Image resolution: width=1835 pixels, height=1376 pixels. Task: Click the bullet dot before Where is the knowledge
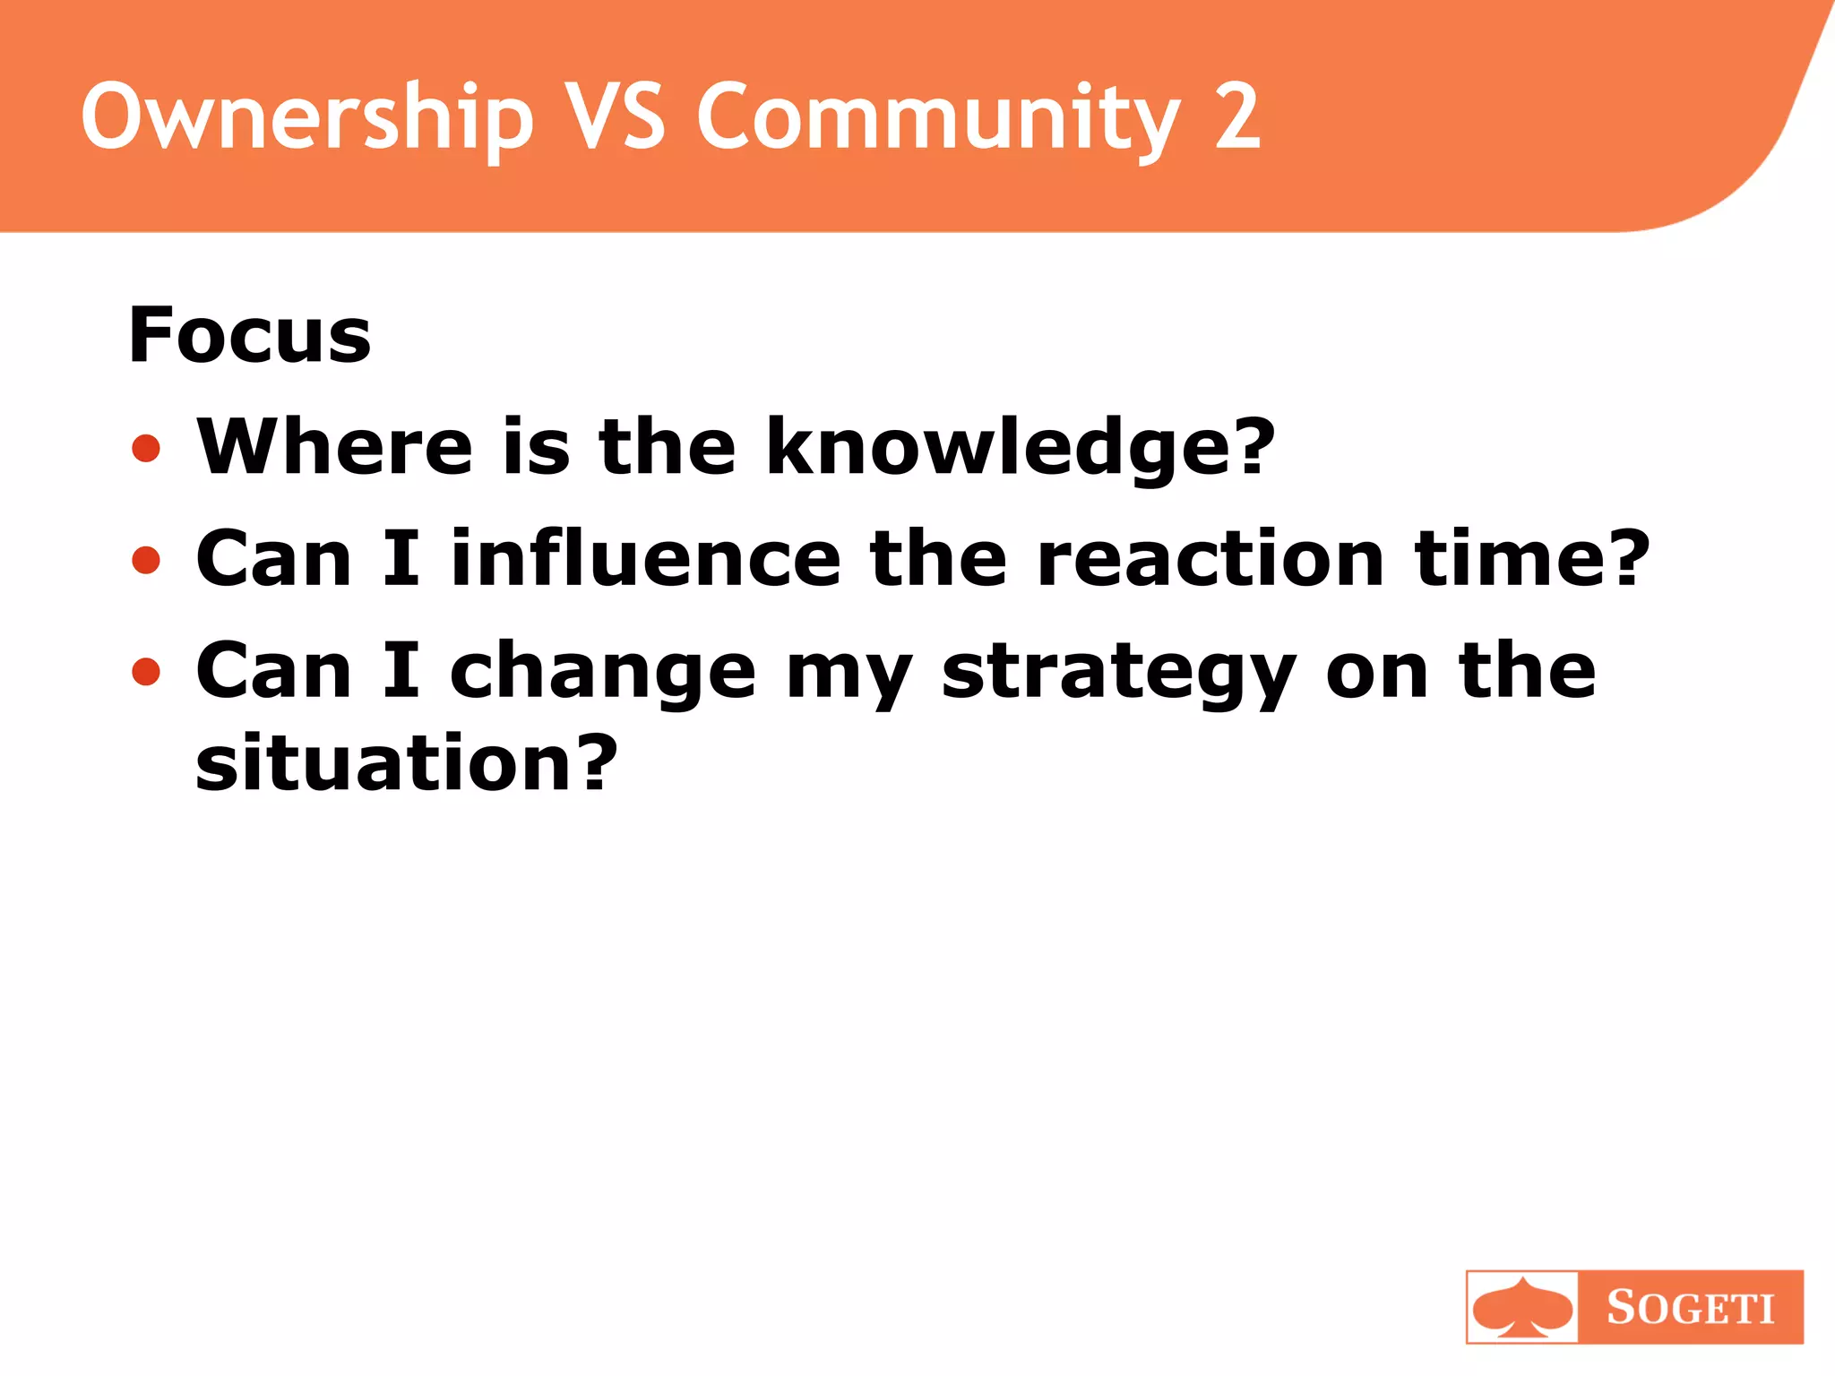tap(146, 448)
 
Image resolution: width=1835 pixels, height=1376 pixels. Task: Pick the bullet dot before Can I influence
tap(146, 560)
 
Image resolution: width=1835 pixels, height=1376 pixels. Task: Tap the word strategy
tap(1119, 674)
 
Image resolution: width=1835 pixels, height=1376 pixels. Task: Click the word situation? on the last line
tap(406, 763)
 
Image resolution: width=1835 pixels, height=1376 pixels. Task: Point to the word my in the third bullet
tap(849, 674)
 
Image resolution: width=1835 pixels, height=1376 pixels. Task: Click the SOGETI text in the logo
tap(1690, 1307)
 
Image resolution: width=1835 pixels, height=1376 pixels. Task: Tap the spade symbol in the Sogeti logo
tap(1522, 1307)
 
